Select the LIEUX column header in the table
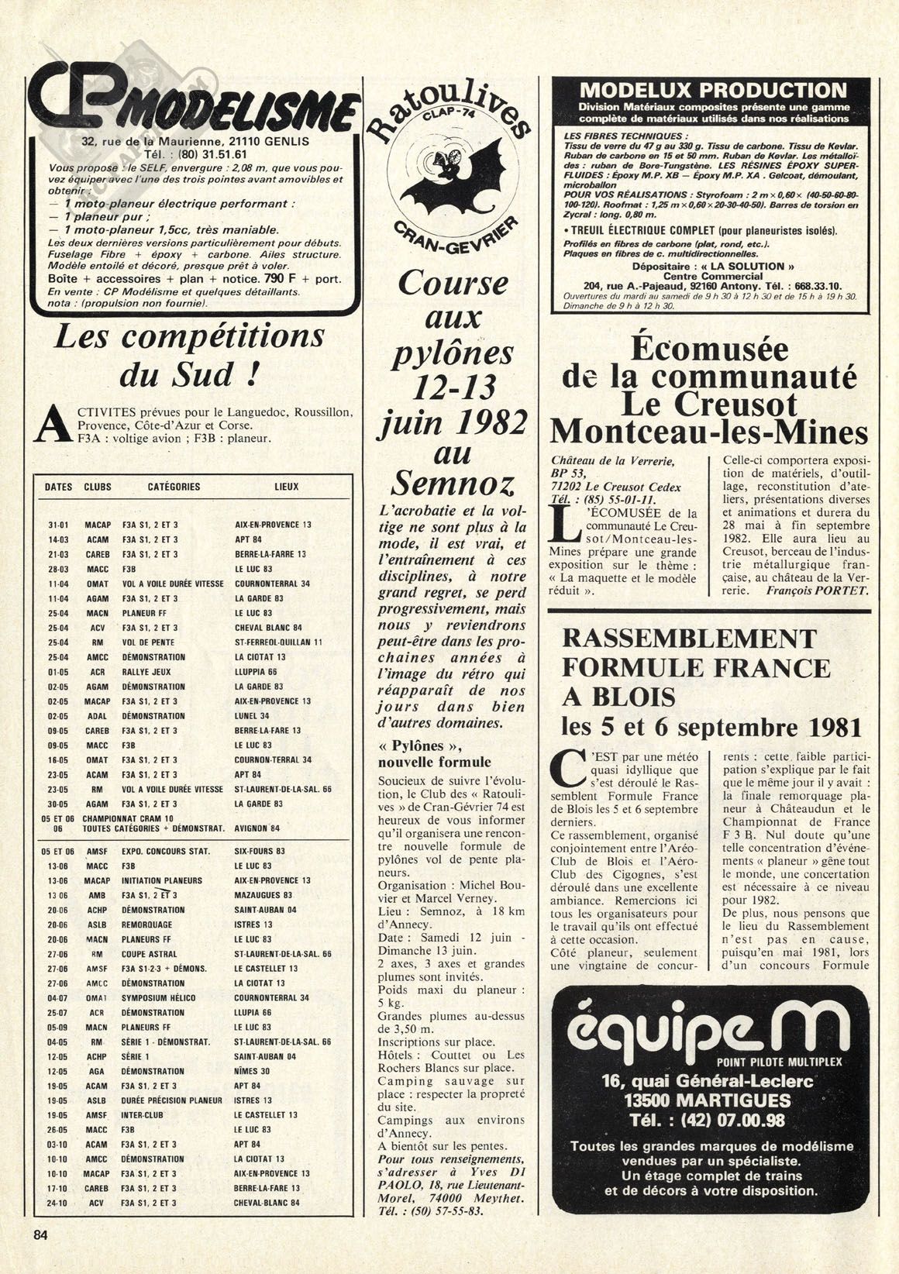click(x=286, y=487)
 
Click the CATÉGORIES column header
click(x=174, y=487)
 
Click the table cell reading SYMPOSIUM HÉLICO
click(x=158, y=998)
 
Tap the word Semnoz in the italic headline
click(x=453, y=484)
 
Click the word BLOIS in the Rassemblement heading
click(x=630, y=697)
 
